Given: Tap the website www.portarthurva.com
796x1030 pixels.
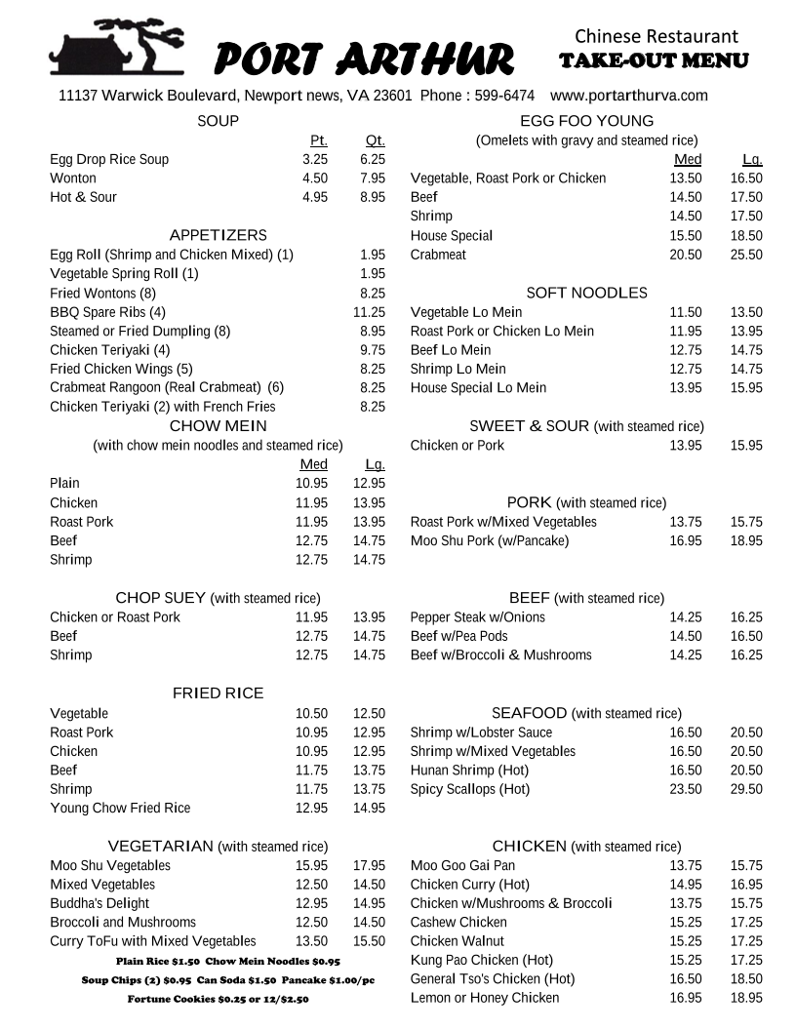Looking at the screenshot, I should click(628, 96).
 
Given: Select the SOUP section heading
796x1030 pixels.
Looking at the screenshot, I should click(218, 121).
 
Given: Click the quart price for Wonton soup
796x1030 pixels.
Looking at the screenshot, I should click(373, 178).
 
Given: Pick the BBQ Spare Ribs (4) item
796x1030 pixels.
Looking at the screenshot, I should click(108, 312).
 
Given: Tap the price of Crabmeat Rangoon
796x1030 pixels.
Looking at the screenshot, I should click(373, 387).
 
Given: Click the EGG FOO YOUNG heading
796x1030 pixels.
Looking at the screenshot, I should click(586, 121).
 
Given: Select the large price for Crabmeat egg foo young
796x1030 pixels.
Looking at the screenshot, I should click(746, 255).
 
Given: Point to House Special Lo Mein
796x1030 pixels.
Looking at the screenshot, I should click(478, 387).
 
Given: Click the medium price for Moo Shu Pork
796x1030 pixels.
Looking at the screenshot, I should click(685, 540).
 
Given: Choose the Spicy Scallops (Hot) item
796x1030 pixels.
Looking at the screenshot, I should click(470, 789).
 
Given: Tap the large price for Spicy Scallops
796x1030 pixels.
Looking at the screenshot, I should click(746, 789).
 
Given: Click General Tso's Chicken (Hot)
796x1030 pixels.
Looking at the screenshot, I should click(493, 978).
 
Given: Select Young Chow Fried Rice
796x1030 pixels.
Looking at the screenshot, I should click(120, 808).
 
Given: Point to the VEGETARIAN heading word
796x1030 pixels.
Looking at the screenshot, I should click(160, 846).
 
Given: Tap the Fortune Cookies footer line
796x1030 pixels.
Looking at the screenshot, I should click(218, 999).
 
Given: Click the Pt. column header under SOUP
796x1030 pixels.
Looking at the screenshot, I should click(318, 140).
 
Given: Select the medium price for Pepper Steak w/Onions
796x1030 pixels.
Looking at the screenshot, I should click(685, 617).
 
